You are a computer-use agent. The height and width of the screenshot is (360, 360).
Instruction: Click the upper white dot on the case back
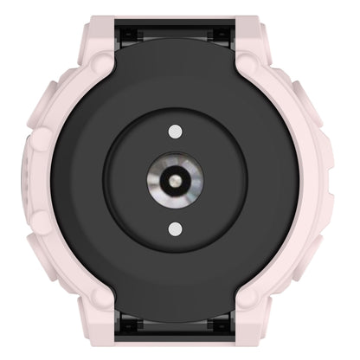(x=176, y=131)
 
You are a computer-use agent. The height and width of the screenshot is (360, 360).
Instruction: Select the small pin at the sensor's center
(x=176, y=179)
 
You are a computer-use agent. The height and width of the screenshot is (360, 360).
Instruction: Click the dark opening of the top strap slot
(x=176, y=39)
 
